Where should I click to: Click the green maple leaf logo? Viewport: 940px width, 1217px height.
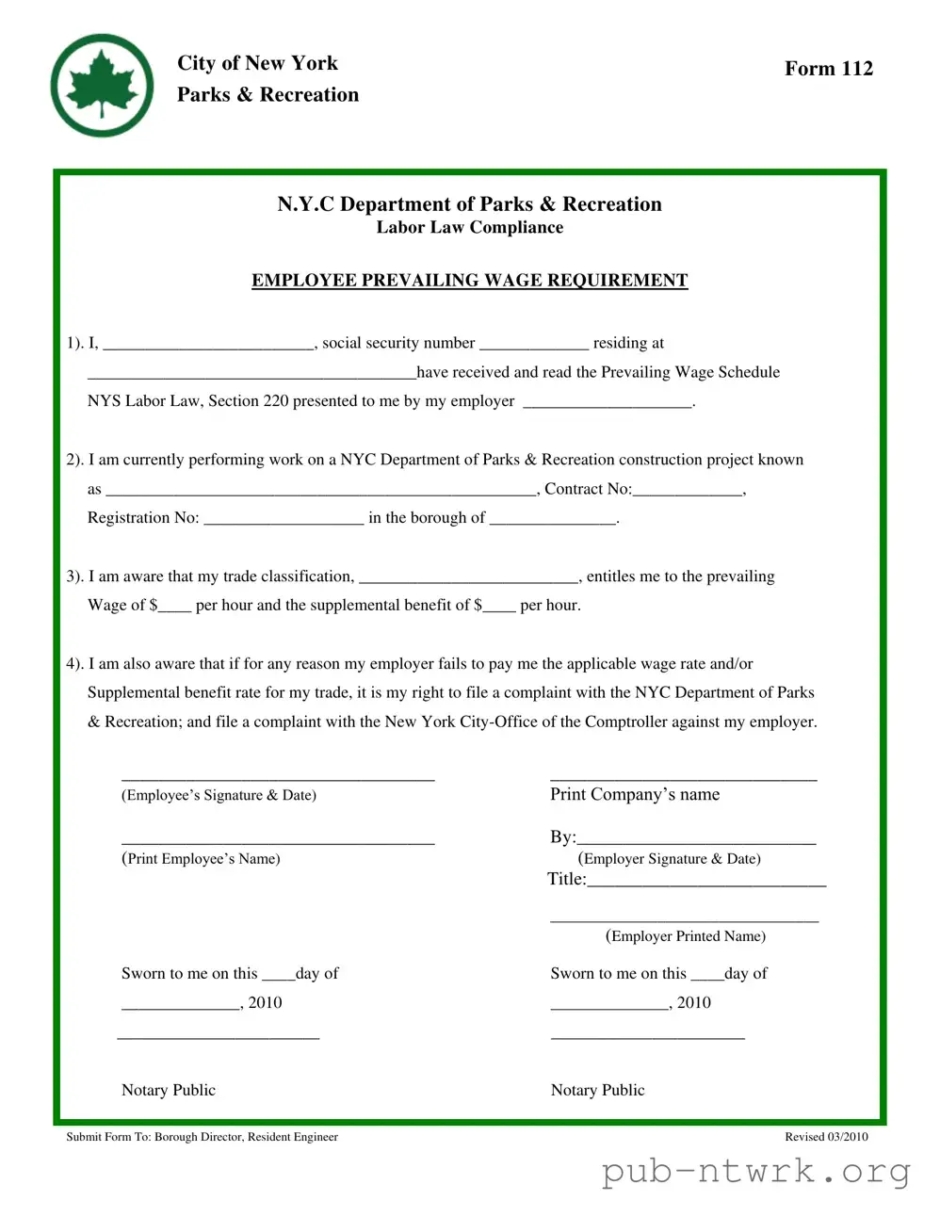click(x=102, y=86)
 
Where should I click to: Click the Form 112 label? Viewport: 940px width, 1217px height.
click(x=828, y=69)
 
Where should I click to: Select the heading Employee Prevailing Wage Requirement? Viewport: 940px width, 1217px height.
click(x=469, y=281)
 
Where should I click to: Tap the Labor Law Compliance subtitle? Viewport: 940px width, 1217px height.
click(x=469, y=228)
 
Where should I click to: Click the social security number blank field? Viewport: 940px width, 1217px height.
click(x=534, y=345)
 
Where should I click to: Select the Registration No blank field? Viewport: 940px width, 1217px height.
click(x=284, y=519)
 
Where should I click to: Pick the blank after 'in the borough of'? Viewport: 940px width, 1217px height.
click(x=553, y=519)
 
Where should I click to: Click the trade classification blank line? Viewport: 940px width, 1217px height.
click(x=469, y=577)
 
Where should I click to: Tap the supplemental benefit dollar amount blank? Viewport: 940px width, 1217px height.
click(x=499, y=607)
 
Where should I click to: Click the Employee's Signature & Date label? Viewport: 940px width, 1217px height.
click(x=219, y=796)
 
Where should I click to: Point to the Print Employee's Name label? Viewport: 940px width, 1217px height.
click(x=201, y=859)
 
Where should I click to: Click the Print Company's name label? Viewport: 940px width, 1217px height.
click(x=635, y=795)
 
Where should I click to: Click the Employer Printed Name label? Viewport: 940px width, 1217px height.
click(x=685, y=936)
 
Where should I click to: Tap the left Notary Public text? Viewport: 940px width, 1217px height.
click(x=169, y=1091)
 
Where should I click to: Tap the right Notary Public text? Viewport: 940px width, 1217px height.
click(x=597, y=1091)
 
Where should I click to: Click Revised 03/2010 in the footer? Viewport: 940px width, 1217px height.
click(x=826, y=1137)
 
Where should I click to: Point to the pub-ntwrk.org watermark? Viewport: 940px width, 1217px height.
click(x=756, y=1172)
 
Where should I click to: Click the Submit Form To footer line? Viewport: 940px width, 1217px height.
click(x=202, y=1137)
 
